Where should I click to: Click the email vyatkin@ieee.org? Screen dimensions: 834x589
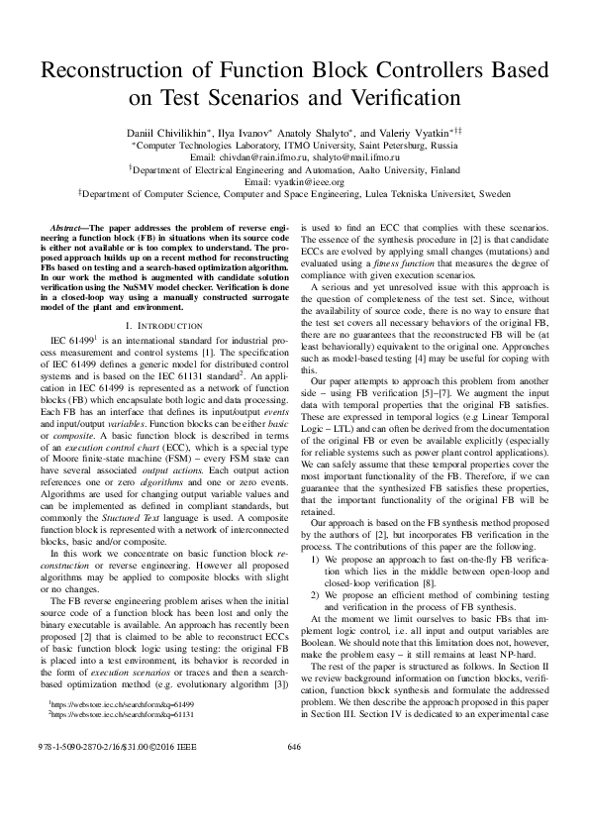(294, 182)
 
